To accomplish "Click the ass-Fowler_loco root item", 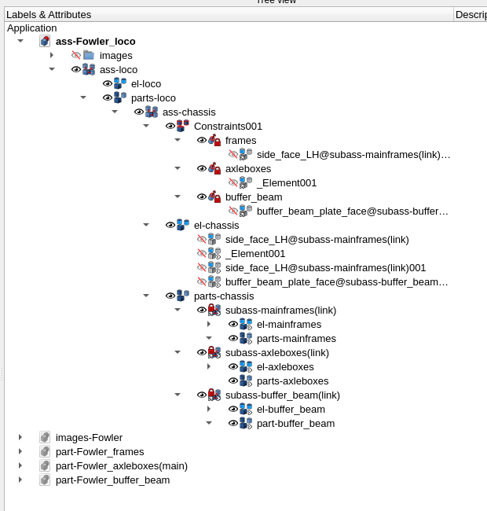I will pyautogui.click(x=95, y=41).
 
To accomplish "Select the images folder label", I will pyautogui.click(x=115, y=55).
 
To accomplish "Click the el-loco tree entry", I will pyautogui.click(x=146, y=83).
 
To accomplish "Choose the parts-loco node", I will pyautogui.click(x=153, y=97).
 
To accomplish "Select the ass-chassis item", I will pyautogui.click(x=189, y=112).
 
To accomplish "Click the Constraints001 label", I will pyautogui.click(x=228, y=126).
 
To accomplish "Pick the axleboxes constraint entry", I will pyautogui.click(x=247, y=168).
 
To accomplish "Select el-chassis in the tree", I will pyautogui.click(x=216, y=225).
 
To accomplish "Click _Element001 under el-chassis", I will pyautogui.click(x=254, y=253).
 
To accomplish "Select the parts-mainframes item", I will pyautogui.click(x=296, y=338).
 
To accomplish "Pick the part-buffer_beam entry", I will pyautogui.click(x=295, y=423).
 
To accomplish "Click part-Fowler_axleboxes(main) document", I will pyautogui.click(x=121, y=465).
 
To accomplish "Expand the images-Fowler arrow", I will pyautogui.click(x=20, y=437).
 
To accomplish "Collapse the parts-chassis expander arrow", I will pyautogui.click(x=146, y=296).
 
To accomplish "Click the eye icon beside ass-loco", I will pyautogui.click(x=76, y=69).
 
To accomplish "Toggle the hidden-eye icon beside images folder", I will pyautogui.click(x=76, y=55).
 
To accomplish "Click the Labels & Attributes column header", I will pyautogui.click(x=49, y=14).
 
